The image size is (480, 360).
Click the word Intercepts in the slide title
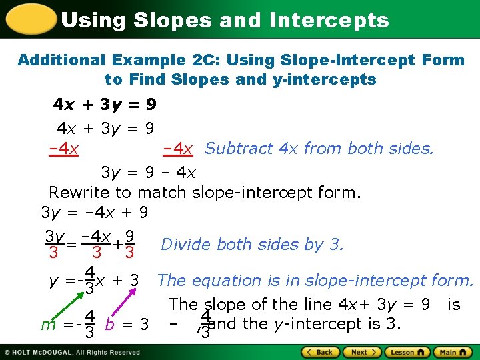coord(329,20)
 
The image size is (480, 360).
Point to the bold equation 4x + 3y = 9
coord(105,105)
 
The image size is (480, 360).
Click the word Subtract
coord(240,148)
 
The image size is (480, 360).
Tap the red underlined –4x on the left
coord(65,149)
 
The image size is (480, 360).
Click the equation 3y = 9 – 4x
coord(148,172)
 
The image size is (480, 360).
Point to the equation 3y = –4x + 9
coord(95,213)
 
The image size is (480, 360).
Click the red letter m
coord(47,325)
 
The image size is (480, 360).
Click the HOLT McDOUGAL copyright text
coord(74,352)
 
